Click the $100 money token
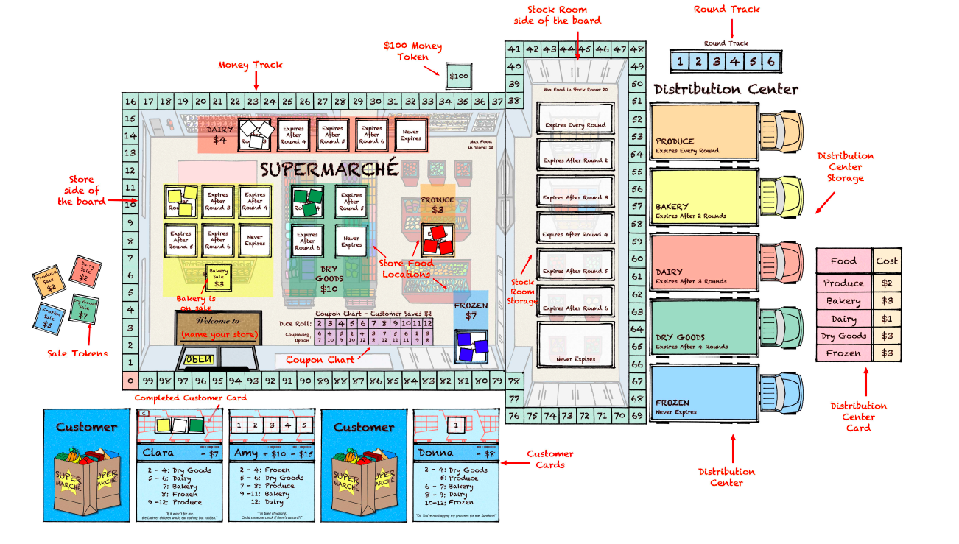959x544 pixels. tap(458, 76)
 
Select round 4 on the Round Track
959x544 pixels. tap(734, 62)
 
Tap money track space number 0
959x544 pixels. tap(130, 381)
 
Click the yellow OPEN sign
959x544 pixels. tap(198, 359)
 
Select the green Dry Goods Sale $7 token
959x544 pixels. tap(85, 308)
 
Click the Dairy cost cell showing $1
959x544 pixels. tap(887, 319)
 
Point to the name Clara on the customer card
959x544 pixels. tap(158, 453)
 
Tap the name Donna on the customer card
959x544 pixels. tap(435, 453)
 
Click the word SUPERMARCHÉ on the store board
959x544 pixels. tap(329, 169)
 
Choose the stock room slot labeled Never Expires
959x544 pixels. tap(575, 345)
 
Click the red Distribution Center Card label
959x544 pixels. tap(858, 416)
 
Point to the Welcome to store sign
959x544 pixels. tap(218, 328)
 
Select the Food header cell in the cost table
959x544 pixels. tap(843, 261)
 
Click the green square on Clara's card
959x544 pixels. tap(197, 425)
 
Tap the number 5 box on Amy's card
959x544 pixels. tap(302, 425)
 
